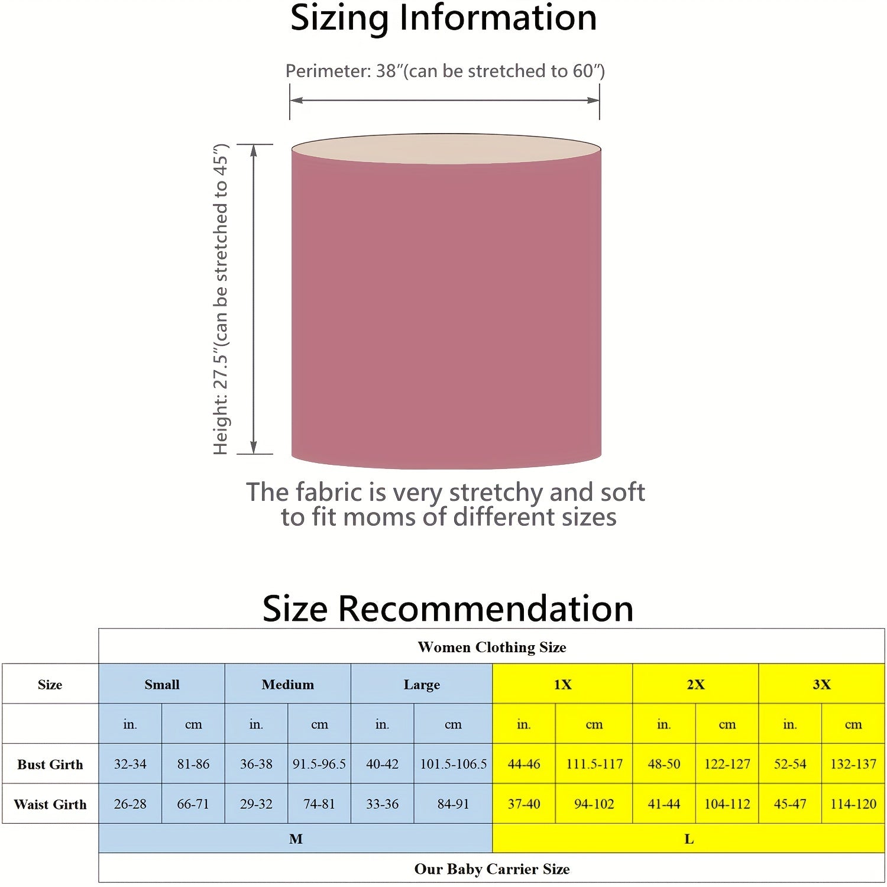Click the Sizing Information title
(444, 18)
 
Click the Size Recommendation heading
(448, 608)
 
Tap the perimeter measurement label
(445, 71)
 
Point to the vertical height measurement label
(221, 299)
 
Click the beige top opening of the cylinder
(446, 148)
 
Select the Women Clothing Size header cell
(492, 647)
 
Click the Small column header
(161, 684)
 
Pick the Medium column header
(288, 684)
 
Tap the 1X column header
(562, 684)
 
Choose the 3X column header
(821, 684)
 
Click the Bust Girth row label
(50, 764)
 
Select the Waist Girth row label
(50, 804)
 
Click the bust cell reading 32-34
(130, 764)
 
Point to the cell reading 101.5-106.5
(454, 764)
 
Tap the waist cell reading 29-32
(256, 804)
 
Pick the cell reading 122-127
(727, 764)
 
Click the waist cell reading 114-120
(853, 804)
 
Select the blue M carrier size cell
(296, 839)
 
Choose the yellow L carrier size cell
(689, 839)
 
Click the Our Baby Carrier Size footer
(492, 869)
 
